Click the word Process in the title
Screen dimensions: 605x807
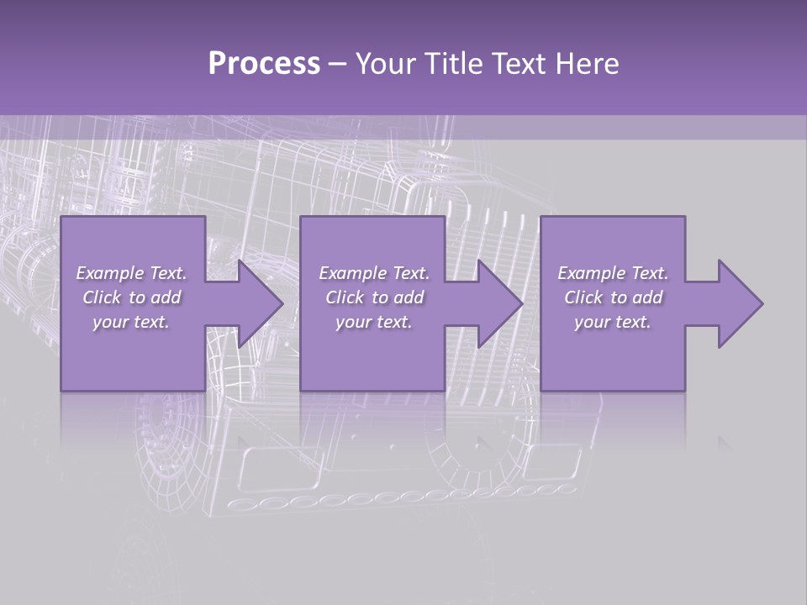(264, 64)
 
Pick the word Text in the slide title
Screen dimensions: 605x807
(521, 64)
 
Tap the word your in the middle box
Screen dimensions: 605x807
(352, 322)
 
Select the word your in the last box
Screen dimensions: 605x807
(591, 322)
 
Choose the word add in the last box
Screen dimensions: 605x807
(647, 297)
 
